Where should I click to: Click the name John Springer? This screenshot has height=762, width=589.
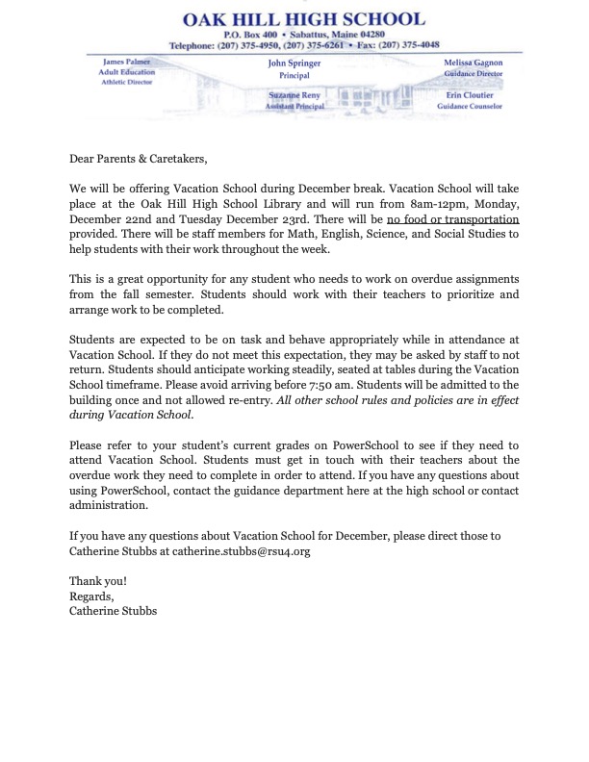pos(294,63)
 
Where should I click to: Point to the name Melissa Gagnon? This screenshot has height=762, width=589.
pos(474,63)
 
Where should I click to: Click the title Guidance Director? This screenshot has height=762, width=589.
pos(474,73)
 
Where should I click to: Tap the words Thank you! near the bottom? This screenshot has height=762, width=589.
pos(98,581)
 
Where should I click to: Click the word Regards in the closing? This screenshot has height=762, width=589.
pos(91,596)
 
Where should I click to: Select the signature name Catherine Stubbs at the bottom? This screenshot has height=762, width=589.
pos(114,610)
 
